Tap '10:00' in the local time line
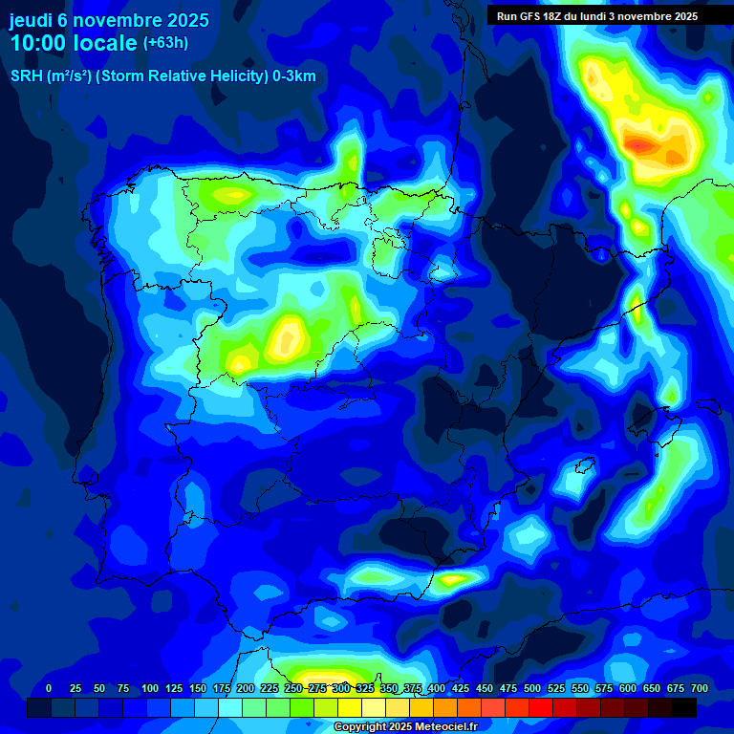40,43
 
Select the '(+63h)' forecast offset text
165,43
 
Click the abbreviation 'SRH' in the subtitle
26,76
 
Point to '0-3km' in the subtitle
294,76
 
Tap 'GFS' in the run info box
533,16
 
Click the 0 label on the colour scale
49,688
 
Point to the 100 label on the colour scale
150,688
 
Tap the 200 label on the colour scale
246,688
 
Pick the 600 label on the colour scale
628,688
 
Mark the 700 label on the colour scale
699,688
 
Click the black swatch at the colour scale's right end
684,708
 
